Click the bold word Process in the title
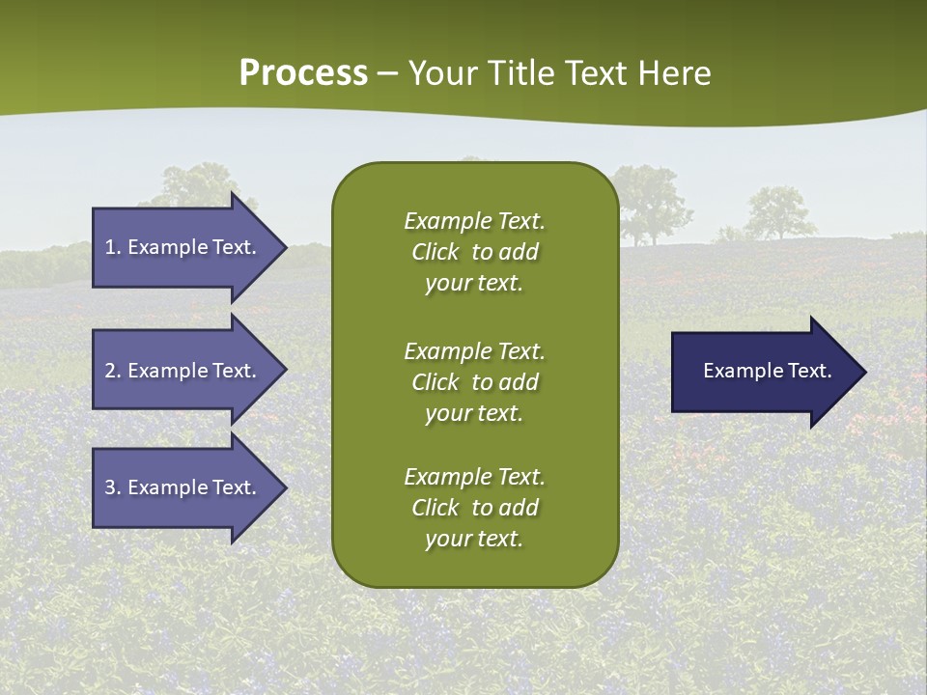[x=303, y=73]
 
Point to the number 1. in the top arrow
[x=112, y=247]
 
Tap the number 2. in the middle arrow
[x=112, y=371]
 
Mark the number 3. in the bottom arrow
[x=112, y=487]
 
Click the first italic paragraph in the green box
[x=474, y=252]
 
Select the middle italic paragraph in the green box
[x=474, y=382]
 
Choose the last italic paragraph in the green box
[x=474, y=508]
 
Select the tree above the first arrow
[x=198, y=185]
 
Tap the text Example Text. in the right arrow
[x=768, y=371]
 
